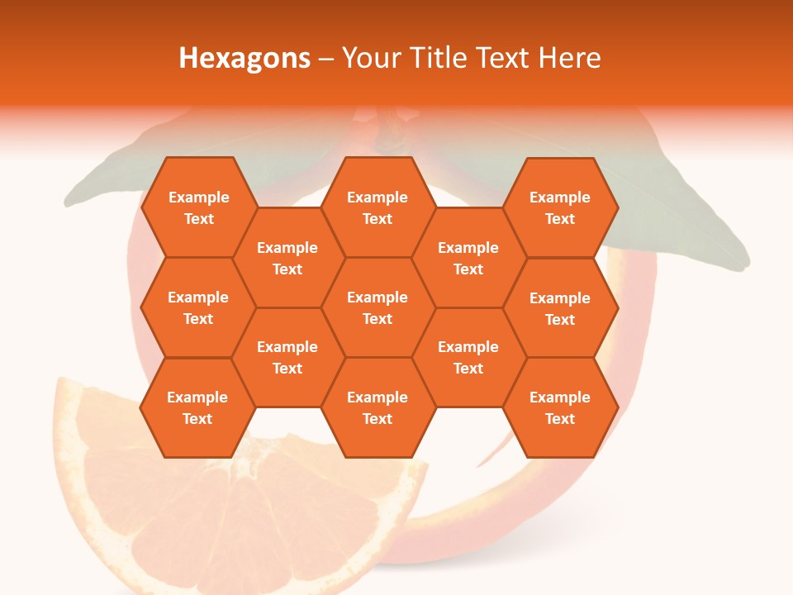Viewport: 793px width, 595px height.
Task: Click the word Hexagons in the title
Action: [245, 58]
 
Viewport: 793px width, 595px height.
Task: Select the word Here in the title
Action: [569, 58]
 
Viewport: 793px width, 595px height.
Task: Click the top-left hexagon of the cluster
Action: [198, 207]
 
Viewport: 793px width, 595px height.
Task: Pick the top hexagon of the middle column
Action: [378, 207]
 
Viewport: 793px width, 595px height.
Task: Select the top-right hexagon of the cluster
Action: [560, 207]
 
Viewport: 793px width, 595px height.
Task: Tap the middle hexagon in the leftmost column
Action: [198, 307]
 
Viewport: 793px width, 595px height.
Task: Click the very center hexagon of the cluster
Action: [378, 307]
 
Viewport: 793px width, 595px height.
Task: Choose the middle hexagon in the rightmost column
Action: [560, 308]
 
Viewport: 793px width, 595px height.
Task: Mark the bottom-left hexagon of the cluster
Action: [197, 407]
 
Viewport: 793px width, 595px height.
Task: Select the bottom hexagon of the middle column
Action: [378, 407]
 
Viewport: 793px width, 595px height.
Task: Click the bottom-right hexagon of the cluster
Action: [560, 407]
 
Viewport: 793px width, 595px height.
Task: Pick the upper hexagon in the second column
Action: [287, 258]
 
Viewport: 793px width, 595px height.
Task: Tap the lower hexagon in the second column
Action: [287, 357]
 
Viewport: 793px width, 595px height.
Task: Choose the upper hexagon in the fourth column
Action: [468, 258]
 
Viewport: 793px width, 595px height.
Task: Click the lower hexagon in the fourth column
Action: [468, 357]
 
